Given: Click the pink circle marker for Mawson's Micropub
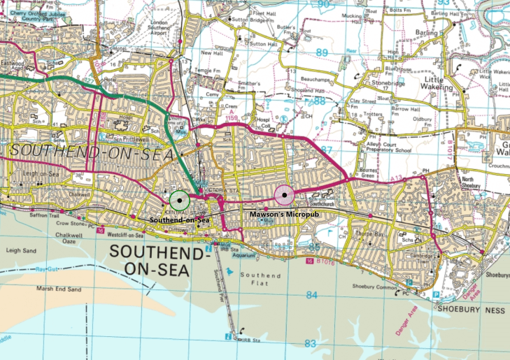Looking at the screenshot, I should click(x=284, y=195).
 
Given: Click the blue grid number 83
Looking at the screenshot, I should click(x=310, y=343).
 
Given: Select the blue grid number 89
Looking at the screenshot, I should click(x=321, y=52).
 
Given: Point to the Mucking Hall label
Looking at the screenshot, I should click(x=348, y=15).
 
